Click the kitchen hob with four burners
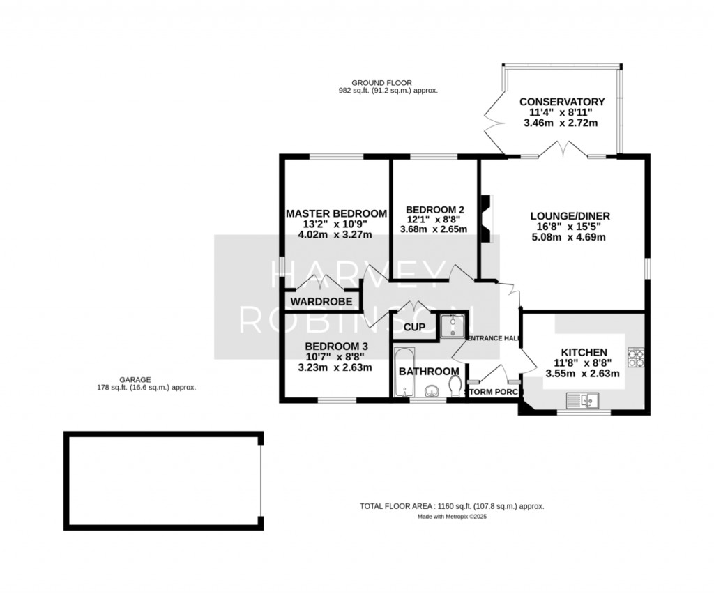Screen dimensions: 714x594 636,357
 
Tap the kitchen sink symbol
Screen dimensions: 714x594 583,401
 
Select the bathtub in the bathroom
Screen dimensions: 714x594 404,372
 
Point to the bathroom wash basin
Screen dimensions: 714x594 432,391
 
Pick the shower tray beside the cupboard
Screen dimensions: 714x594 453,325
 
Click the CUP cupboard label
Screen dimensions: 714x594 414,327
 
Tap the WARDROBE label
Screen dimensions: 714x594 321,301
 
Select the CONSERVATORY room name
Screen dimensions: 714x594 562,102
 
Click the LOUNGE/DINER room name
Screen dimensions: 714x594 570,215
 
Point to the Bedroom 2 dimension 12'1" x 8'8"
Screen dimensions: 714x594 434,220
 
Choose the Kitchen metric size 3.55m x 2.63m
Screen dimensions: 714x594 583,374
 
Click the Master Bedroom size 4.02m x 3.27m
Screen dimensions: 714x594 335,235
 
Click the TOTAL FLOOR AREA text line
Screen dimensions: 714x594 452,506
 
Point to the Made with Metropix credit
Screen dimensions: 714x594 452,517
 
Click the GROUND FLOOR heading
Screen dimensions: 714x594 388,83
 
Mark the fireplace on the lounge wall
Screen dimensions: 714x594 487,219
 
